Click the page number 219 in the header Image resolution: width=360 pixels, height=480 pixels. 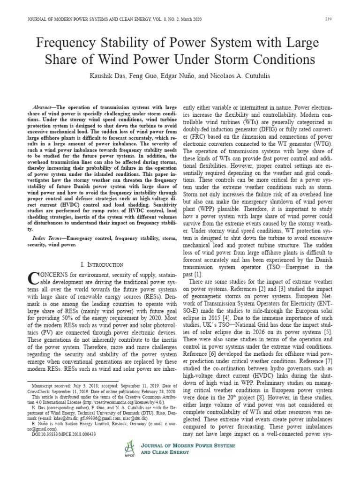[x=328, y=19]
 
